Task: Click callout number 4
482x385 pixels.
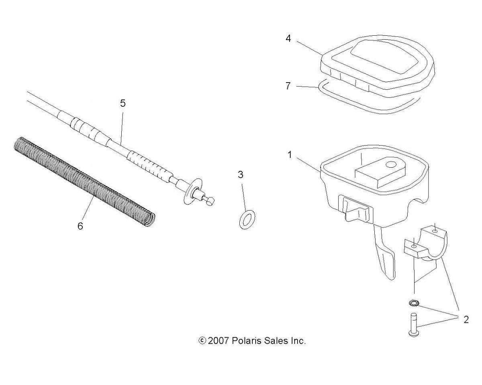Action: [288, 39]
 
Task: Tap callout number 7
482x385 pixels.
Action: [288, 86]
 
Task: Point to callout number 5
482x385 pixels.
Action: [123, 103]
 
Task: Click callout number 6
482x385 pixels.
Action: [80, 226]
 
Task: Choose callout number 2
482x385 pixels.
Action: [466, 320]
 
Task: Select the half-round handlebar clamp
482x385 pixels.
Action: [426, 245]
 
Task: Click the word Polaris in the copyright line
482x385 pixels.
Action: [246, 341]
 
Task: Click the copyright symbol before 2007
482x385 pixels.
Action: [202, 341]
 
